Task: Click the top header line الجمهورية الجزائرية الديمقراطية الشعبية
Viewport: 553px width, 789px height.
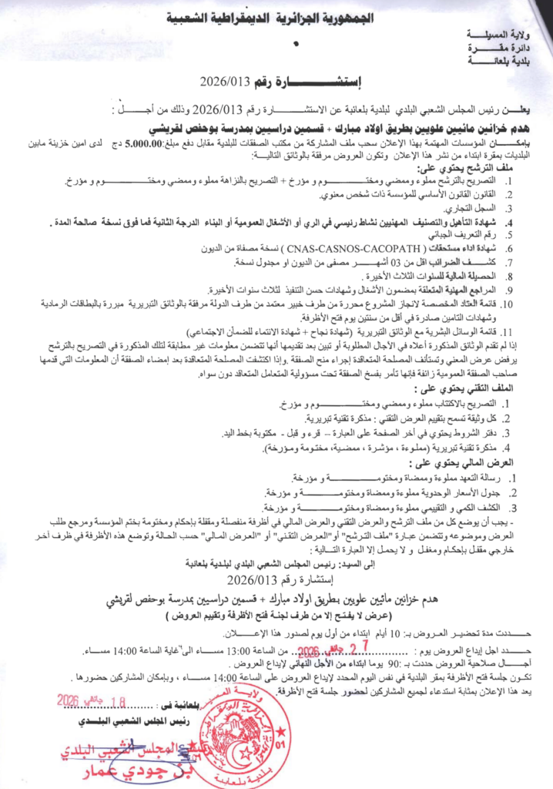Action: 276,16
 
